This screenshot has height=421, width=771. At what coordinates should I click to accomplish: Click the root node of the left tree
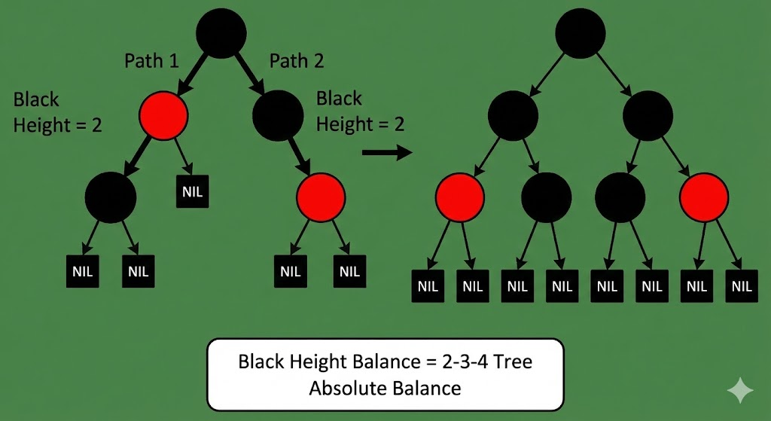click(221, 34)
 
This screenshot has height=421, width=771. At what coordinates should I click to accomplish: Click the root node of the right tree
click(581, 34)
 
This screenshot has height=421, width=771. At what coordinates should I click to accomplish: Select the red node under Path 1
click(163, 115)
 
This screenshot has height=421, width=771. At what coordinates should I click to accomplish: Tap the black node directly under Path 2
click(277, 115)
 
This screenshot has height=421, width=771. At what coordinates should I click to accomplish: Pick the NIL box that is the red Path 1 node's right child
click(192, 191)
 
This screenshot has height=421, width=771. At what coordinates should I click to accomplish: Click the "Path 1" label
click(151, 61)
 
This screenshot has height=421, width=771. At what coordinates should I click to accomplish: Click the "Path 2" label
click(297, 61)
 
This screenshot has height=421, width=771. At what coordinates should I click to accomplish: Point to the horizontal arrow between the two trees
click(386, 153)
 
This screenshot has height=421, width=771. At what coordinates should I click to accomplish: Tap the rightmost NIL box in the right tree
click(742, 286)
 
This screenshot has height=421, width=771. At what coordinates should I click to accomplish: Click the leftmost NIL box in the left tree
click(84, 271)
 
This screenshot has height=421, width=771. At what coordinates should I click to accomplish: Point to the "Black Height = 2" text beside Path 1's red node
click(57, 112)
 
